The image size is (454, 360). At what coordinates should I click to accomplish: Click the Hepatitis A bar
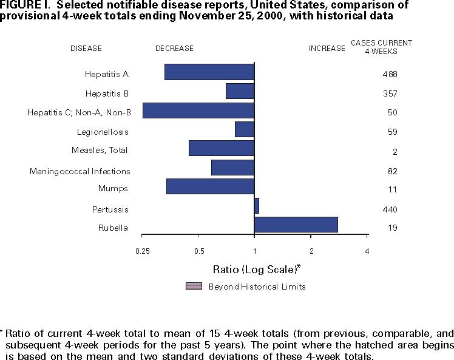209,72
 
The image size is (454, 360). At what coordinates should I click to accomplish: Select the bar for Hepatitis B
240,91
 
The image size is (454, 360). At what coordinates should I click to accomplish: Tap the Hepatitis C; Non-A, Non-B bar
198,110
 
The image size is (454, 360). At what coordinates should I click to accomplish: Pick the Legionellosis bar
245,129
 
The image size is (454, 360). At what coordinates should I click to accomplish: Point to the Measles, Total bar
222,148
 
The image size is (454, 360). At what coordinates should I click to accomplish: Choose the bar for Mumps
210,186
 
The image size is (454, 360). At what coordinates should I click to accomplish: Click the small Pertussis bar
257,206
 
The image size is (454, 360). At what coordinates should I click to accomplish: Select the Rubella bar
296,224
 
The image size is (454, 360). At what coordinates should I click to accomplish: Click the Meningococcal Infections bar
232,168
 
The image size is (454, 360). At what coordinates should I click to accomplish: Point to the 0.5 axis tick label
198,251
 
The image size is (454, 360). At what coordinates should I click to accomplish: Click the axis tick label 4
367,251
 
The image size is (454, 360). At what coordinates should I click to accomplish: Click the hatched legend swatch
194,286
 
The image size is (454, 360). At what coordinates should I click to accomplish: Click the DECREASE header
174,49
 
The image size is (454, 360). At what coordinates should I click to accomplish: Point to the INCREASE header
327,49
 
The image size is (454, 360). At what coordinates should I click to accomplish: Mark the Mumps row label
113,189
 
